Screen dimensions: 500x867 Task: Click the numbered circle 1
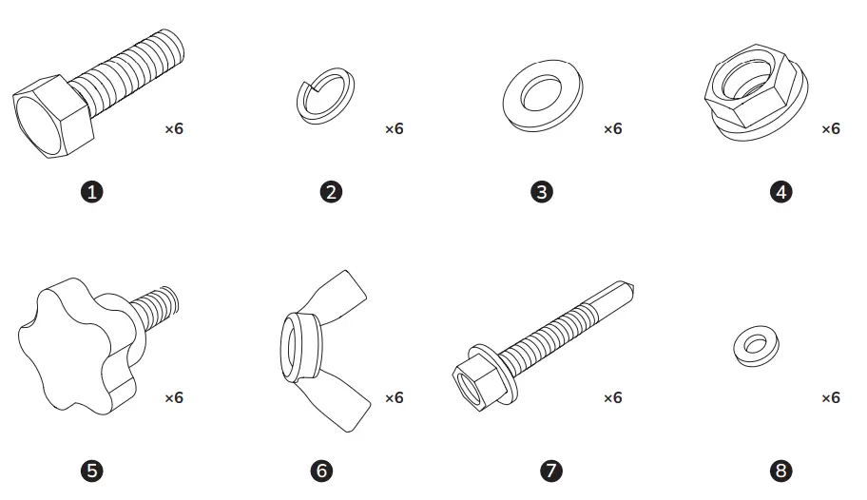coord(93,192)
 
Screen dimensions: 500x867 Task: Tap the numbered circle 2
coord(331,192)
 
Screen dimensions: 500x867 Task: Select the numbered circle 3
coord(541,192)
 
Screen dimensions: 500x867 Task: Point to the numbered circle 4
coord(781,192)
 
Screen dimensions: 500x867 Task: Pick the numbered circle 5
coord(93,470)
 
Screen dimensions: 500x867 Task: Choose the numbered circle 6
coord(322,470)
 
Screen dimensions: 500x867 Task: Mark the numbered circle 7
coord(550,470)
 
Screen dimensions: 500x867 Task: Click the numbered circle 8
coord(781,470)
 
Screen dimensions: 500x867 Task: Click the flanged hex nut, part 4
coord(757,96)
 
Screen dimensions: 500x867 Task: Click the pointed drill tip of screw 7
coord(629,286)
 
